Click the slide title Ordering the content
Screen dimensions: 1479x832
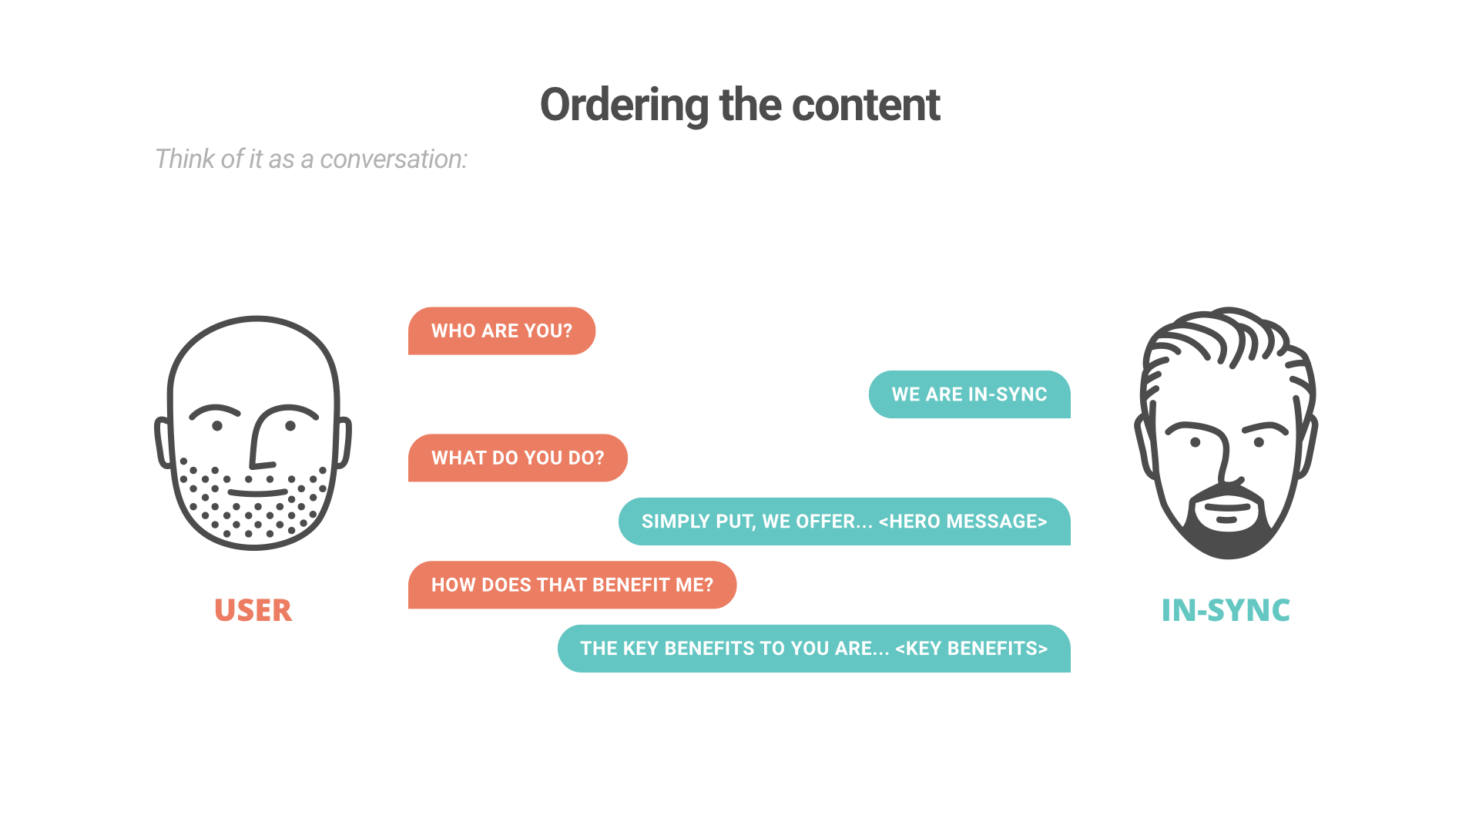pyautogui.click(x=739, y=106)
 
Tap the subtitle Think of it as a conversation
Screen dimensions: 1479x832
pyautogui.click(x=311, y=159)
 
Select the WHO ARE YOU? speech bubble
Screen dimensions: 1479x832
pyautogui.click(x=501, y=330)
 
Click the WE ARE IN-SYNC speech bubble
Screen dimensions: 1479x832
pyautogui.click(x=970, y=394)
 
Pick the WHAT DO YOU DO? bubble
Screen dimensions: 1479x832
pyautogui.click(x=518, y=458)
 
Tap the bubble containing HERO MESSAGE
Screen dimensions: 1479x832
pyautogui.click(x=844, y=522)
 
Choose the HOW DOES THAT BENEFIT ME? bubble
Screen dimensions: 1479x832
pyautogui.click(x=572, y=585)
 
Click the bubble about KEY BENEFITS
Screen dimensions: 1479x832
pyautogui.click(x=814, y=649)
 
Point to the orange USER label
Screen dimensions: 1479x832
pyautogui.click(x=253, y=610)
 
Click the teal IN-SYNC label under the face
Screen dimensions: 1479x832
pyautogui.click(x=1226, y=610)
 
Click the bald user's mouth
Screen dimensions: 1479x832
pyautogui.click(x=257, y=491)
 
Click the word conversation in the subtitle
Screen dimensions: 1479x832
pyautogui.click(x=394, y=159)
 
